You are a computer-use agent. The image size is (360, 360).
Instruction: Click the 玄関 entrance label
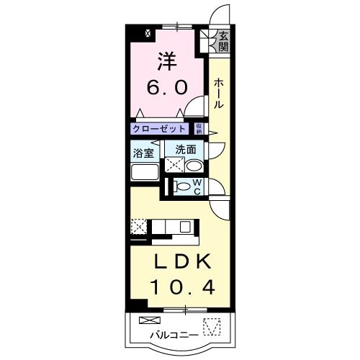point(224,41)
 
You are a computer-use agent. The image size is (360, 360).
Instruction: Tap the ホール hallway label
point(219,94)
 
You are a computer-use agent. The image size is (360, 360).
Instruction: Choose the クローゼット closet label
point(159,129)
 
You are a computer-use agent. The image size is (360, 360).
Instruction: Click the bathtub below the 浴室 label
point(143,174)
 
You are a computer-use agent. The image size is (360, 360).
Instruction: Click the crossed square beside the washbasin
point(174,165)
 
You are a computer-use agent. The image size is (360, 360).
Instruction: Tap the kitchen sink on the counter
point(184,227)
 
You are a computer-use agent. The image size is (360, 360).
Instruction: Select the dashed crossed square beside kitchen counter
point(139,227)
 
